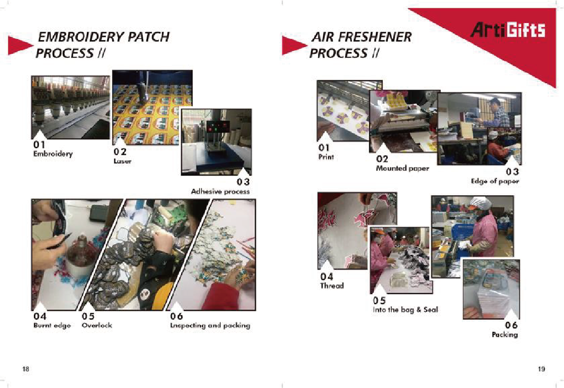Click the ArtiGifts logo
pyautogui.click(x=508, y=29)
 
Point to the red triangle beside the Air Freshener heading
pyautogui.click(x=294, y=45)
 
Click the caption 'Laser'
pyautogui.click(x=122, y=161)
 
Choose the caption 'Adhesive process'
pyautogui.click(x=220, y=191)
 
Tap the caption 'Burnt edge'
pyautogui.click(x=52, y=325)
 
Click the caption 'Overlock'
pyautogui.click(x=97, y=325)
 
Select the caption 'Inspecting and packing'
pyautogui.click(x=210, y=325)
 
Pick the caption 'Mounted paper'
pyautogui.click(x=403, y=168)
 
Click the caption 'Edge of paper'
pyautogui.click(x=495, y=181)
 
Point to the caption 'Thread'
pyautogui.click(x=332, y=286)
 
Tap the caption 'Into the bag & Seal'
pyautogui.click(x=405, y=309)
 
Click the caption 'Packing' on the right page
pyautogui.click(x=505, y=334)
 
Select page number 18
pyautogui.click(x=26, y=369)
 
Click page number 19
pyautogui.click(x=541, y=369)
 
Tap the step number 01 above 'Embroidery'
pyautogui.click(x=39, y=145)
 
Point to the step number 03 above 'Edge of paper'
pyautogui.click(x=512, y=172)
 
